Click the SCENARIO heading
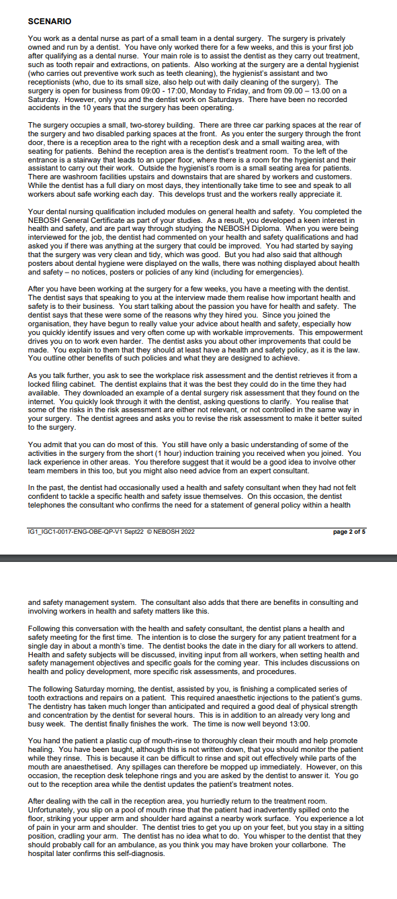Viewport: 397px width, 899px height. (49, 21)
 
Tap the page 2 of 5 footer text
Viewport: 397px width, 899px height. (349, 532)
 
